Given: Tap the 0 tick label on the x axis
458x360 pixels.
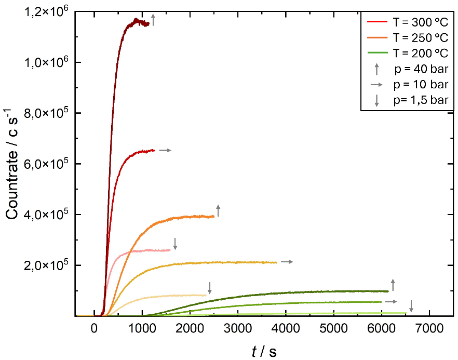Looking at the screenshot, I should pyautogui.click(x=94, y=328).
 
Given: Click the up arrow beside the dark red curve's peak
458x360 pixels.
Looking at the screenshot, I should pyautogui.click(x=153, y=20).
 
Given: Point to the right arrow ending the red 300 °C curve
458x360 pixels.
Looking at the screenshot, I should pyautogui.click(x=165, y=150).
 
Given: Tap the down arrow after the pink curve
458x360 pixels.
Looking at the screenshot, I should pyautogui.click(x=176, y=243).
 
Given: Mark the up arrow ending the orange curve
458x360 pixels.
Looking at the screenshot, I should pyautogui.click(x=219, y=210).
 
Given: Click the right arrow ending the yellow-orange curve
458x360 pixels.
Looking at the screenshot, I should pyautogui.click(x=287, y=262).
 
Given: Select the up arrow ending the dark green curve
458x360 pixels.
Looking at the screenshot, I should pyautogui.click(x=393, y=284).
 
